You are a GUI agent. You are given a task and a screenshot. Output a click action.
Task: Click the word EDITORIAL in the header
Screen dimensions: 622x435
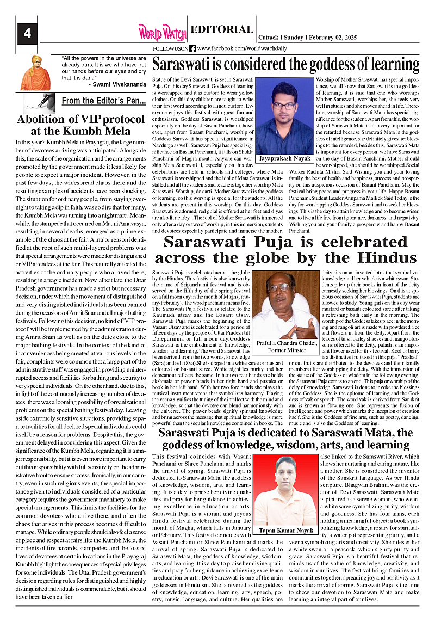pos(222,30)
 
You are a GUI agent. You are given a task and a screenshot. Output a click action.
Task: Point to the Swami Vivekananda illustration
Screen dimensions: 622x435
pos(36,72)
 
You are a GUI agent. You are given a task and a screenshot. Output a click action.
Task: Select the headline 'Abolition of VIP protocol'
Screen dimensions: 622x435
pos(74,120)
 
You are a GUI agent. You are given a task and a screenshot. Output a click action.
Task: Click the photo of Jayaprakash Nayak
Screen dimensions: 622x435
pos(285,115)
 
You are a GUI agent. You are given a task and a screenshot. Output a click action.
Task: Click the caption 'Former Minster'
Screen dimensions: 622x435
pos(293,350)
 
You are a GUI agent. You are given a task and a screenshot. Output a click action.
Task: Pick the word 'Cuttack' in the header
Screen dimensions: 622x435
pos(269,38)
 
